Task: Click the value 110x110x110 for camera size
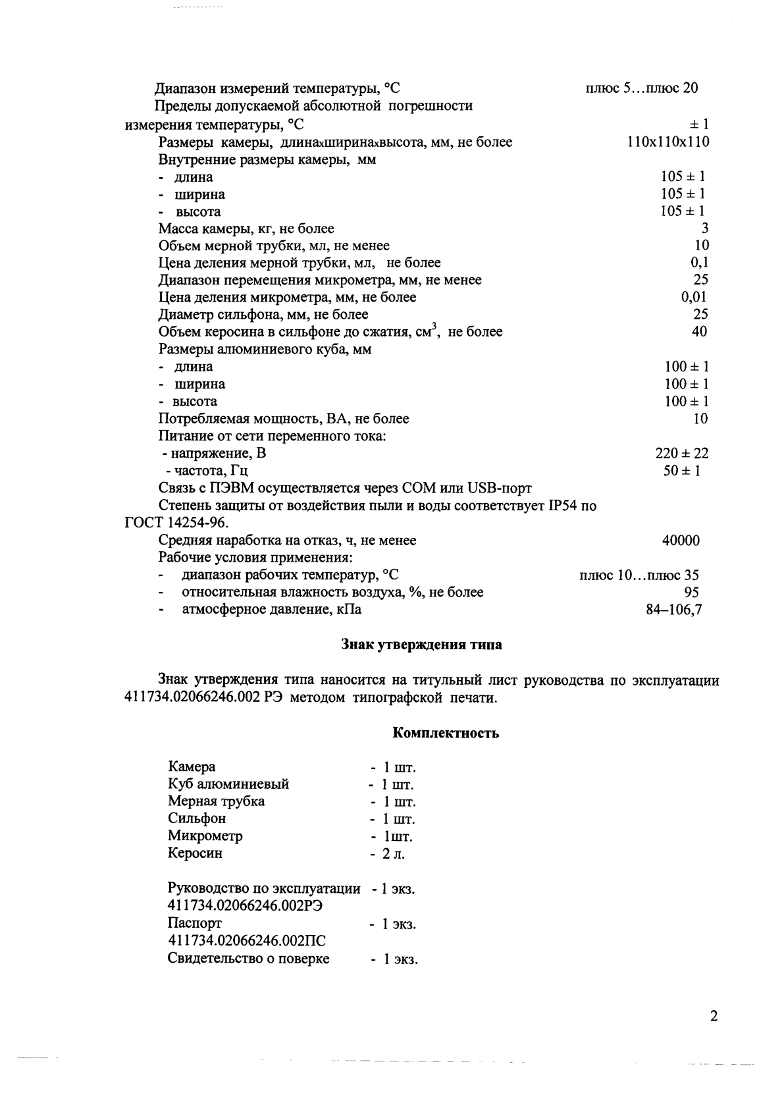(668, 142)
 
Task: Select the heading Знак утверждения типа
(421, 645)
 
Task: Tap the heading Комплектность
(446, 733)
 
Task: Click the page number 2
(714, 1015)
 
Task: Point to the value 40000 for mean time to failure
(681, 541)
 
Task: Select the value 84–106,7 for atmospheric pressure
(674, 610)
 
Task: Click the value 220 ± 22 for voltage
(682, 453)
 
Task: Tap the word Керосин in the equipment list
(195, 853)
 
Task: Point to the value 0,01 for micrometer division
(694, 297)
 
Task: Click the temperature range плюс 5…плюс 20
(641, 88)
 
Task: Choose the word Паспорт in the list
(195, 923)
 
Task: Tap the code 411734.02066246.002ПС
(247, 941)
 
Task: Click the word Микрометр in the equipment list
(205, 836)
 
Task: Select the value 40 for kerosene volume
(700, 331)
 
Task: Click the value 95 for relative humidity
(691, 592)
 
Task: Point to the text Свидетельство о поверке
(248, 959)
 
